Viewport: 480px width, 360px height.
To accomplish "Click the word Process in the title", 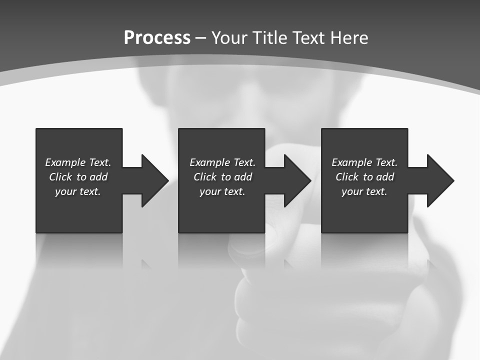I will point(157,38).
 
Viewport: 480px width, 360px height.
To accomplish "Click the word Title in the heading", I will point(270,38).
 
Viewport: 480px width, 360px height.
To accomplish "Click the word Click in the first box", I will point(60,177).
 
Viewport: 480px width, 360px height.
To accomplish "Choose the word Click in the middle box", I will point(205,177).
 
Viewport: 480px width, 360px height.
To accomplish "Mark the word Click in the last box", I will point(347,177).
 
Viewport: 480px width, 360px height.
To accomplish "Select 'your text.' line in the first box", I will point(78,191).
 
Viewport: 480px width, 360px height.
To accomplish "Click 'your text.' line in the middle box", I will point(222,191).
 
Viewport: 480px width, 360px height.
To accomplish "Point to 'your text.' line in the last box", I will point(364,191).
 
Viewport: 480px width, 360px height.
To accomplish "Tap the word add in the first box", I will point(98,177).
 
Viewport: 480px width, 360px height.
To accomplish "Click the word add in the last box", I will point(385,177).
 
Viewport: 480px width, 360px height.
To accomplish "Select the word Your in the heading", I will point(229,38).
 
